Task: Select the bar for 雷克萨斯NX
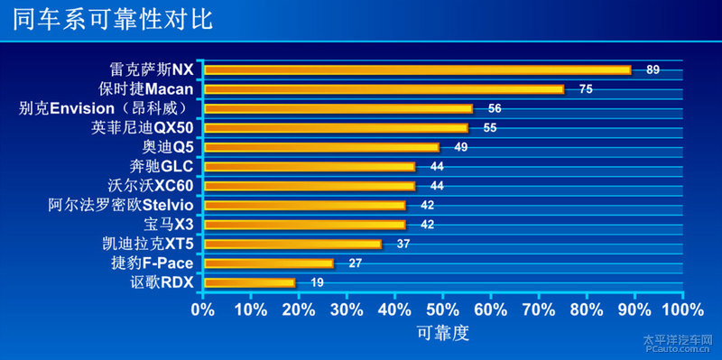pos(417,69)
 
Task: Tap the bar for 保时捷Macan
pos(384,89)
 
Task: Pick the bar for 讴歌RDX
pos(250,282)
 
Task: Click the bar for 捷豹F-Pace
pos(269,263)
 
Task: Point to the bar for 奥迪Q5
pos(321,147)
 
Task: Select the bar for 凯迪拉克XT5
pos(292,244)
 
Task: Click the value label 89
pos(653,69)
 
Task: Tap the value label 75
pos(586,89)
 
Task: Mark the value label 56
pos(495,108)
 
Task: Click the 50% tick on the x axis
pos(443,310)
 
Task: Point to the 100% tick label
pos(681,310)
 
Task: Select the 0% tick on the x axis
pos(203,310)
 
